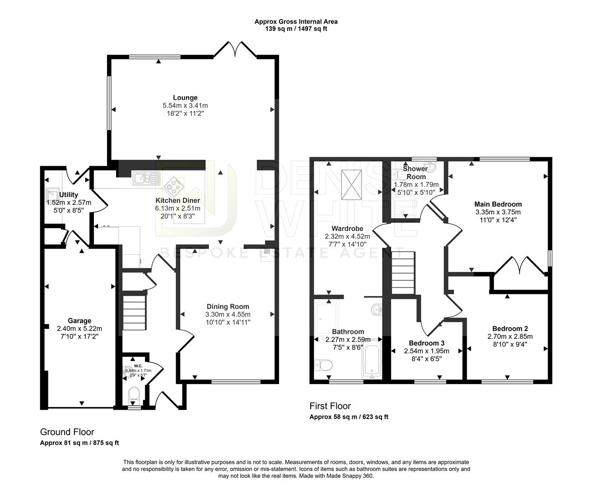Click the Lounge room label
click(x=185, y=98)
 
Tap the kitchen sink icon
click(x=146, y=178)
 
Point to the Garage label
click(x=79, y=321)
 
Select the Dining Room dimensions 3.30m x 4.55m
click(x=228, y=314)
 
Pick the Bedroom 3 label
click(x=427, y=343)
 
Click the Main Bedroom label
click(x=498, y=204)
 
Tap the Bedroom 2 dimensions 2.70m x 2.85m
click(x=510, y=337)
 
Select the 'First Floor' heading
click(x=330, y=406)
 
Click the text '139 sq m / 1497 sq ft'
click(x=296, y=28)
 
